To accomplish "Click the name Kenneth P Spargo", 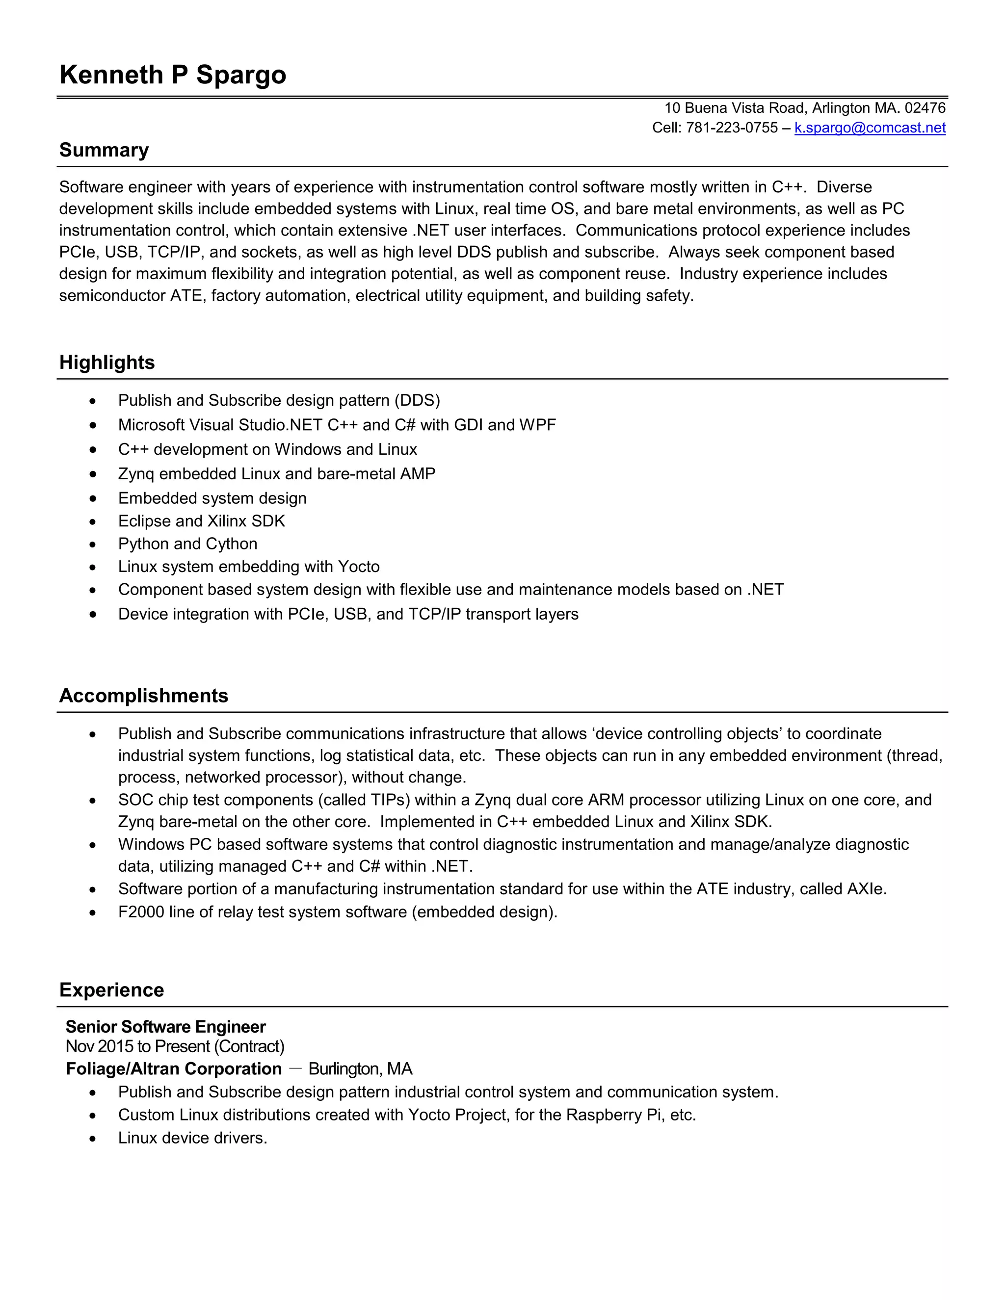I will pyautogui.click(x=173, y=76).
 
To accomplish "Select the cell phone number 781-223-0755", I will pyautogui.click(x=732, y=128).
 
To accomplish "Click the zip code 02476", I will pyautogui.click(x=925, y=108).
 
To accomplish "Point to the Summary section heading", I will pyautogui.click(x=104, y=150).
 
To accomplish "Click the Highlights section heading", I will pyautogui.click(x=106, y=363).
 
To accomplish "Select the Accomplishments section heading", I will pyautogui.click(x=143, y=696).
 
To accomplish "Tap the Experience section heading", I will pyautogui.click(x=111, y=990).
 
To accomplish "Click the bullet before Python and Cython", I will pyautogui.click(x=92, y=545).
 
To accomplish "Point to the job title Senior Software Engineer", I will pyautogui.click(x=165, y=1027).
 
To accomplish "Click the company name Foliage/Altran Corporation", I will pyautogui.click(x=173, y=1069).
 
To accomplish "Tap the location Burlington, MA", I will pyautogui.click(x=360, y=1069).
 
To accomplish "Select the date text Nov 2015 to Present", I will pyautogui.click(x=137, y=1046).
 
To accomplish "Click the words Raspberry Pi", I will pyautogui.click(x=613, y=1115).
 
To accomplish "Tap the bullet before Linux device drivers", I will pyautogui.click(x=92, y=1139).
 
